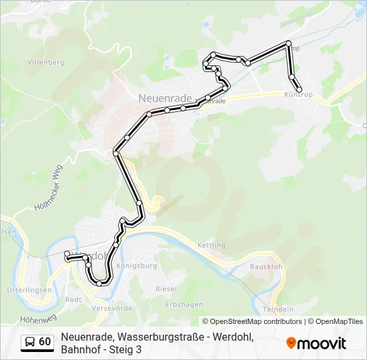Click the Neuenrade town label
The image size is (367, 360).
[x=165, y=97]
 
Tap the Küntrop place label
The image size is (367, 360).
[x=298, y=95]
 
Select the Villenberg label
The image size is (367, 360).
[x=45, y=63]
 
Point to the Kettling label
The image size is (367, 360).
[x=212, y=245]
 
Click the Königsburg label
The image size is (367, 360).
[x=137, y=265]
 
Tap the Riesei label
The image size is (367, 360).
[x=166, y=289]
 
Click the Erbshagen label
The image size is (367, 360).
[x=184, y=305]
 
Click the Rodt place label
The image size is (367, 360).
[x=73, y=299]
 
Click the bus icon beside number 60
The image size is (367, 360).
[x=30, y=342]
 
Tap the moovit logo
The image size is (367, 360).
[x=316, y=343]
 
